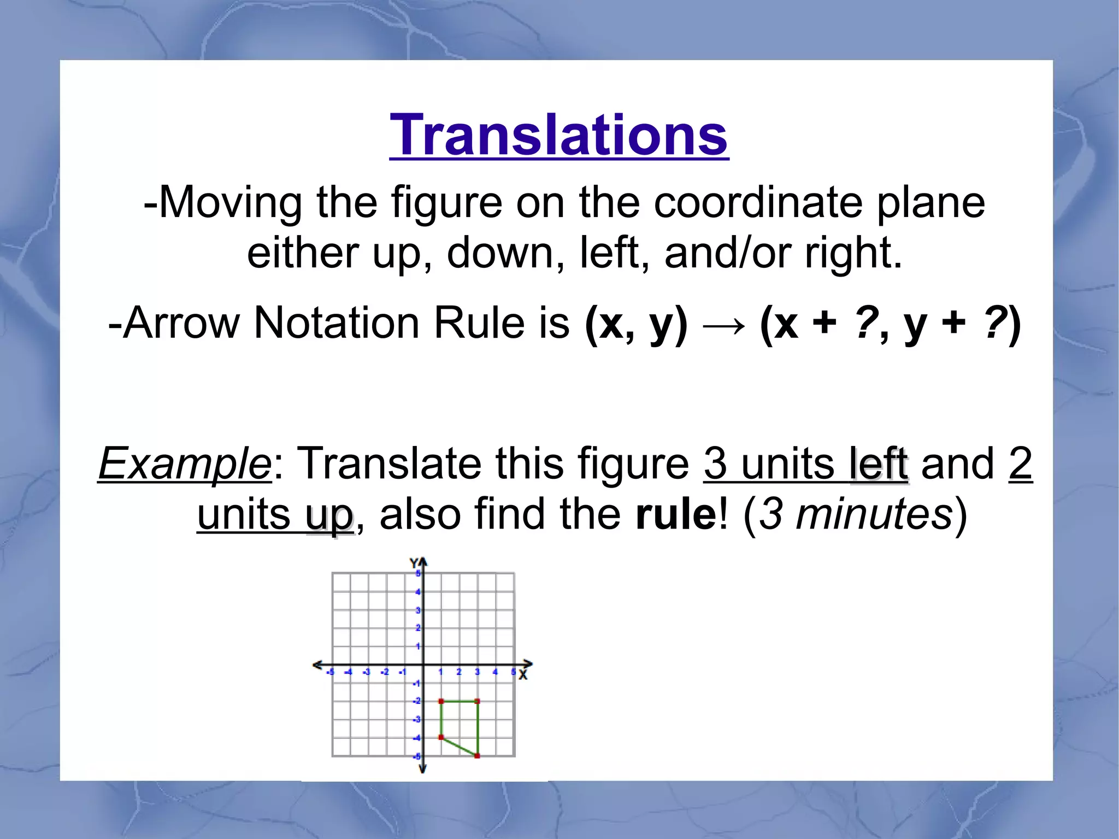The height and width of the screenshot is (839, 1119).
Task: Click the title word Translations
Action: [x=558, y=135]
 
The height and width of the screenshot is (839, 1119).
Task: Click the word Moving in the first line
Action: [x=229, y=203]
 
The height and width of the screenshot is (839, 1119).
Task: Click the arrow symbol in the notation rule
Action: [x=723, y=326]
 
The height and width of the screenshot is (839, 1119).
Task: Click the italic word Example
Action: [x=184, y=463]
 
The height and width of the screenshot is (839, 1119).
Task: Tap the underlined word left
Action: [x=879, y=463]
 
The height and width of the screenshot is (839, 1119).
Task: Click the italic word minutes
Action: [x=874, y=514]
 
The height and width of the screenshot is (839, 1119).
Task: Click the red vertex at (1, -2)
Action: [x=441, y=701]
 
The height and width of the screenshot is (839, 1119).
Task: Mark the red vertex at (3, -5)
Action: [x=478, y=756]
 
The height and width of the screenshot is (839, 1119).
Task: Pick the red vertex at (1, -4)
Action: [x=441, y=737]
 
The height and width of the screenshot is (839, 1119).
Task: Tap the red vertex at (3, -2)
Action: [x=478, y=701]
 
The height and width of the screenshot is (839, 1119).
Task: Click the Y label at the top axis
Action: [x=414, y=563]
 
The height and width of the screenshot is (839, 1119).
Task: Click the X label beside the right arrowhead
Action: [x=523, y=676]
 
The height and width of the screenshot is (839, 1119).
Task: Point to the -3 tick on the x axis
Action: [x=367, y=672]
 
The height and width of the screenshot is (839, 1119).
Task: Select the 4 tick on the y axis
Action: [x=418, y=591]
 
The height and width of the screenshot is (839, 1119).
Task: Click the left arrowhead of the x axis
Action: [x=316, y=665]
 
